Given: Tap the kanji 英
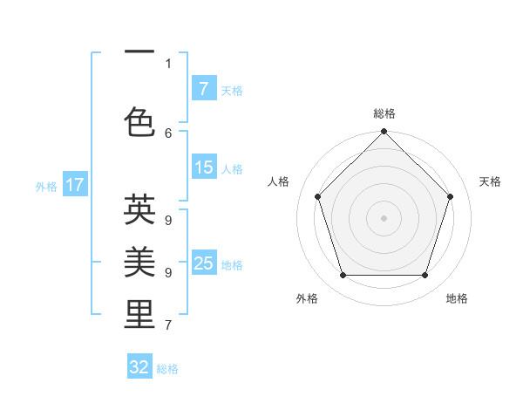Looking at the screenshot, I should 139,209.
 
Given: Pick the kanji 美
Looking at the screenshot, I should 139,262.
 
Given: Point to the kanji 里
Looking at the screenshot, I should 139,315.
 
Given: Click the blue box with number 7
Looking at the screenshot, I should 203,89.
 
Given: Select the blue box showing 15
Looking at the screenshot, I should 203,167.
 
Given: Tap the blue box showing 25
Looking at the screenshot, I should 203,263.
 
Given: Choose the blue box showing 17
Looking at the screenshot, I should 74,185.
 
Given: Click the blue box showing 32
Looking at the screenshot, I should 139,367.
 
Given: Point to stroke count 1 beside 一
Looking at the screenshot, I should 168,63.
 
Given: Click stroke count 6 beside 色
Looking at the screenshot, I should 168,133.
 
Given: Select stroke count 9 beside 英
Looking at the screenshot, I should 168,220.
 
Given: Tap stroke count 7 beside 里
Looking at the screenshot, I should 168,325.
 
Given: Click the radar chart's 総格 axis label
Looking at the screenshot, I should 384,113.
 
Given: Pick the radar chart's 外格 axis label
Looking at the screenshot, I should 307,298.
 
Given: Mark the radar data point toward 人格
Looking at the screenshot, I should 318,196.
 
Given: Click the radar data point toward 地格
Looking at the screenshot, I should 425,276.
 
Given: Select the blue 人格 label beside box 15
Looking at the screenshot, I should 232,168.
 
